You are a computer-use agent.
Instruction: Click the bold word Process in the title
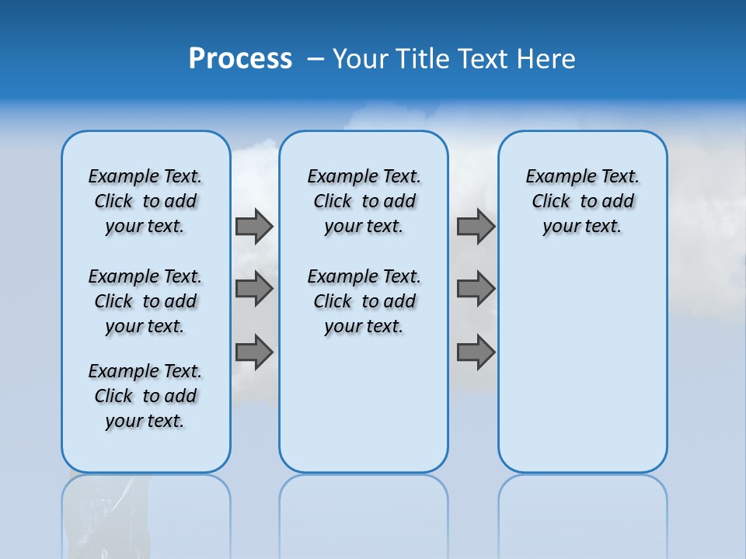coord(240,59)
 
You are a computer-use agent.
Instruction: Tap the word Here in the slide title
coord(546,59)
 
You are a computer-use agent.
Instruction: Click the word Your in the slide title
coord(360,59)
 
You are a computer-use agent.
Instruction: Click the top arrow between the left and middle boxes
coord(254,226)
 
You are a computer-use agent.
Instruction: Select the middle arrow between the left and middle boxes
coord(254,289)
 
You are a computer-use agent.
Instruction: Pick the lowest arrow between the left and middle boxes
coord(254,352)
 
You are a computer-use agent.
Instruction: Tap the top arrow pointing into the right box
coord(476,226)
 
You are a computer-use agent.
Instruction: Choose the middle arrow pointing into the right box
coord(476,289)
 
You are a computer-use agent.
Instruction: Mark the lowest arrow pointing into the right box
coord(476,352)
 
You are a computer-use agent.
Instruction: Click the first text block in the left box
coord(145,201)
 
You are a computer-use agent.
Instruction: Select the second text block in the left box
coord(145,301)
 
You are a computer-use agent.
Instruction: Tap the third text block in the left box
coord(145,396)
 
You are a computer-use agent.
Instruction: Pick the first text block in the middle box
coord(364,201)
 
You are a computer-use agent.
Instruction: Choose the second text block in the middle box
coord(364,301)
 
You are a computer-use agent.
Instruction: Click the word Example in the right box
coord(556,177)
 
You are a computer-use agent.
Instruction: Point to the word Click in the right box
coord(551,202)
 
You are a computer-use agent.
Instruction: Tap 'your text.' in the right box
coord(582,227)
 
